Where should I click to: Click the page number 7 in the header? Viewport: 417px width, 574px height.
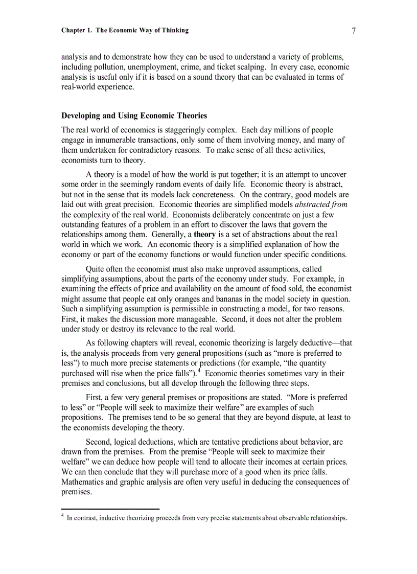pos(354,31)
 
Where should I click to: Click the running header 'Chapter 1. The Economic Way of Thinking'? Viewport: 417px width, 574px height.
pos(125,31)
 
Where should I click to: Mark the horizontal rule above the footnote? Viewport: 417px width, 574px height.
pos(110,509)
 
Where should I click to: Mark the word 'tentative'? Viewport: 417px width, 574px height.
pos(233,442)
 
